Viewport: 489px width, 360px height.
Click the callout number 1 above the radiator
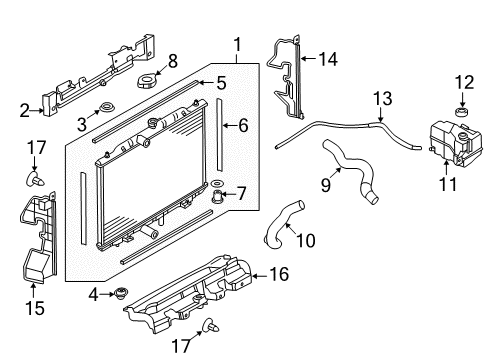237,43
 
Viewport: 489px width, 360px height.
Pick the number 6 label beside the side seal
241,125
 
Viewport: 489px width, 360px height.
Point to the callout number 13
380,97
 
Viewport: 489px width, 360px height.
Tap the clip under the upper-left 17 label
38,180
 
